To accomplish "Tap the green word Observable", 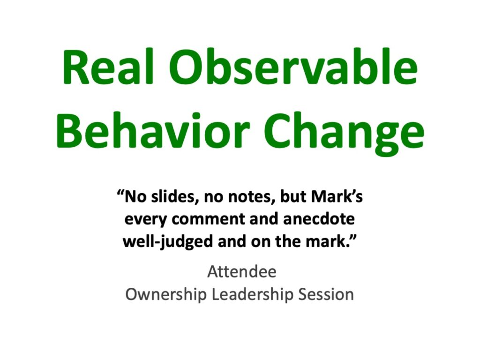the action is [293, 67].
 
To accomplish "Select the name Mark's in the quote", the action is [337, 196].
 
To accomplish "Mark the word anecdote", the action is [319, 219].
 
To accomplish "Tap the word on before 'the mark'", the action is [261, 242].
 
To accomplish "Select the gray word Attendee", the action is [242, 271].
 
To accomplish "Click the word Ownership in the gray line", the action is [166, 294].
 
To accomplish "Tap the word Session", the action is [326, 294].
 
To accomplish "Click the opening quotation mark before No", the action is [120, 194].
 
